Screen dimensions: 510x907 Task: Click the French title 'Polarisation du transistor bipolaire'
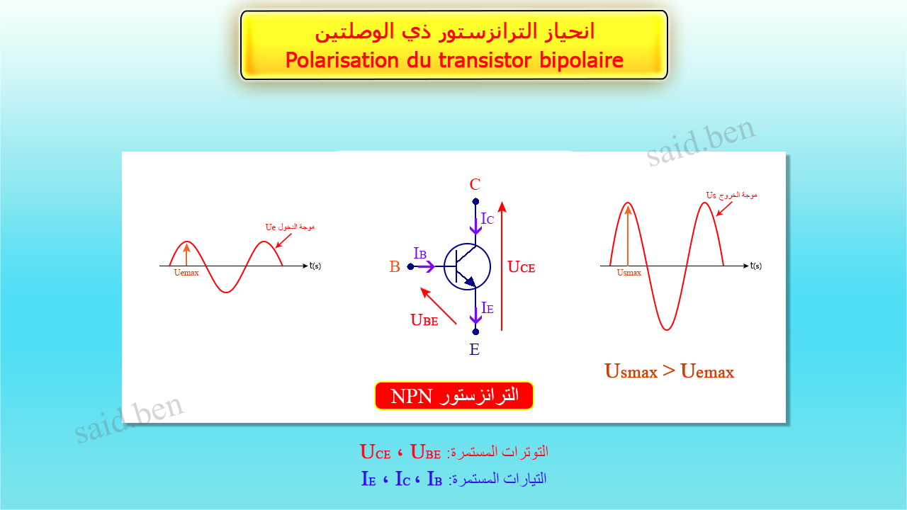click(454, 61)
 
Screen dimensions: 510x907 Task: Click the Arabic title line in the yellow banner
click(454, 32)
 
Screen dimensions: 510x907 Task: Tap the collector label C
click(475, 185)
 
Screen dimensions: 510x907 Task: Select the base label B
click(395, 267)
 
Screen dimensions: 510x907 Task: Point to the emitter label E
click(475, 349)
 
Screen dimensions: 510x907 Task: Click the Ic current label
click(488, 219)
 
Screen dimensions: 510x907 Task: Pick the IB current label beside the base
click(420, 253)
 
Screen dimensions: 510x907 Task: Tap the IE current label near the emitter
click(488, 308)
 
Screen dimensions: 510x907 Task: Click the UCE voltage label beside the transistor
click(522, 267)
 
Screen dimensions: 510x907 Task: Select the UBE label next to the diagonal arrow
click(424, 320)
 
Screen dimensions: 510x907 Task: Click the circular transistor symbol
click(467, 267)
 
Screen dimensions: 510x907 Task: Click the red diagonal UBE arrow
click(438, 305)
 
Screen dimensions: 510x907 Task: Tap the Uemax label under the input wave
click(186, 273)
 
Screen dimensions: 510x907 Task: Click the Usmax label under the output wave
click(629, 273)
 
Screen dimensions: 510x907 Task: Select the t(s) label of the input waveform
click(315, 266)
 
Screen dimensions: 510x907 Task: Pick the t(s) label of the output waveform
click(756, 266)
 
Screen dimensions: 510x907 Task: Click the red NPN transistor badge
click(454, 396)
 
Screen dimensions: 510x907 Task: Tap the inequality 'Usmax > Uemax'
click(669, 371)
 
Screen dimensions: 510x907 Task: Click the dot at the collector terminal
click(475, 202)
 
